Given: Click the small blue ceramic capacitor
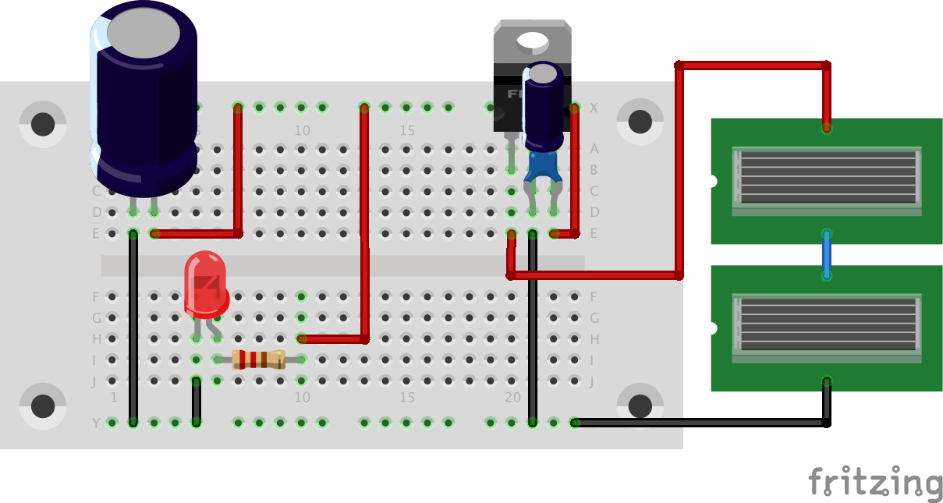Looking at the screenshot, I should click(x=544, y=168).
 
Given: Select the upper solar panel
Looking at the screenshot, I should click(x=826, y=181).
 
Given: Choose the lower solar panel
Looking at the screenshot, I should click(x=826, y=328).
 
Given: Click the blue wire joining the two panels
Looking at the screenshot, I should click(x=827, y=254).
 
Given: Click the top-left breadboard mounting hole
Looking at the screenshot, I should click(x=43, y=123).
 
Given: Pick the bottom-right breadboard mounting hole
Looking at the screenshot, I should click(x=640, y=406).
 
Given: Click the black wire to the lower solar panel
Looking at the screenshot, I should click(x=702, y=423).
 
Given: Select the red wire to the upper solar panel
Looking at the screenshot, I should click(x=753, y=65).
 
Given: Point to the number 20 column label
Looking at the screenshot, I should click(x=512, y=398).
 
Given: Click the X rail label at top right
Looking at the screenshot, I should click(x=594, y=108).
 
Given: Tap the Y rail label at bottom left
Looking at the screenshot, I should click(x=97, y=423).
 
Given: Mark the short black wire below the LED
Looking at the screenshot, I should click(x=197, y=401).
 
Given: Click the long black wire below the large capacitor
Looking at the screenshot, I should click(x=133, y=328).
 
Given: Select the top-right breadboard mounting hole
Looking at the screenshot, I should click(x=640, y=122).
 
